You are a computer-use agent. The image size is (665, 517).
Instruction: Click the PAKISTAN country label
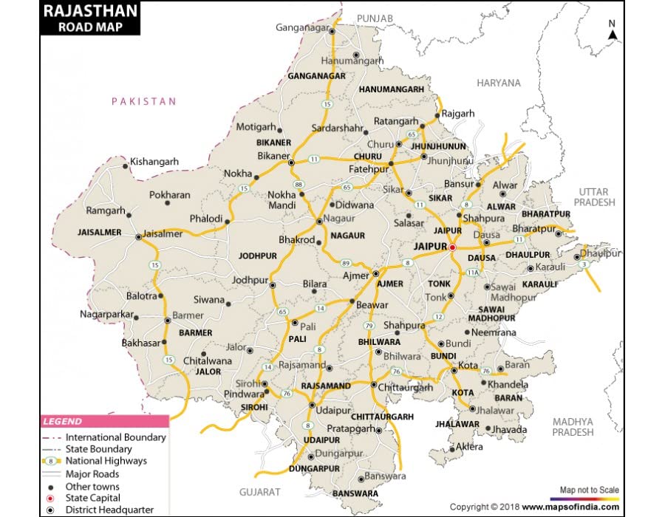click(144, 101)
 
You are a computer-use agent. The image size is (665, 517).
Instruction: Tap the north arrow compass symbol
click(612, 30)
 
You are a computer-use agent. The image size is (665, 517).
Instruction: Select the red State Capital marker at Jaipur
click(452, 247)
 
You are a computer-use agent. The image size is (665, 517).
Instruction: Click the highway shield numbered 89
click(345, 263)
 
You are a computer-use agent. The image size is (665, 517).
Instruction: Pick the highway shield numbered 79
click(368, 325)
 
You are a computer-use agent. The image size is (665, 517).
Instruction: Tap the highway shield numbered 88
click(298, 184)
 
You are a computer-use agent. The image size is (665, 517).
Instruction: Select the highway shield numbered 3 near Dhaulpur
click(584, 264)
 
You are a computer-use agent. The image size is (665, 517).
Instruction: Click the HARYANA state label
click(498, 83)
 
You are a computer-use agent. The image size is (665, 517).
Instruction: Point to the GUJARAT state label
click(259, 491)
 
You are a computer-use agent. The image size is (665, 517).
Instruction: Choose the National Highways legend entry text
click(106, 461)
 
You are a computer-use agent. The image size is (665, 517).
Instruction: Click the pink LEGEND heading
click(62, 422)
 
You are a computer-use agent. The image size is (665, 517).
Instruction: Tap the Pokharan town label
click(169, 195)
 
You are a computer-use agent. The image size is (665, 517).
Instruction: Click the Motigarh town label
click(255, 127)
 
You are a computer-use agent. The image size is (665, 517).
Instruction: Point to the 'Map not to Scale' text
click(589, 490)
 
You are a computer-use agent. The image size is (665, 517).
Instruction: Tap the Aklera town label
click(469, 447)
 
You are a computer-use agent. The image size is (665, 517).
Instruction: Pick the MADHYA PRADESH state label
click(573, 426)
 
